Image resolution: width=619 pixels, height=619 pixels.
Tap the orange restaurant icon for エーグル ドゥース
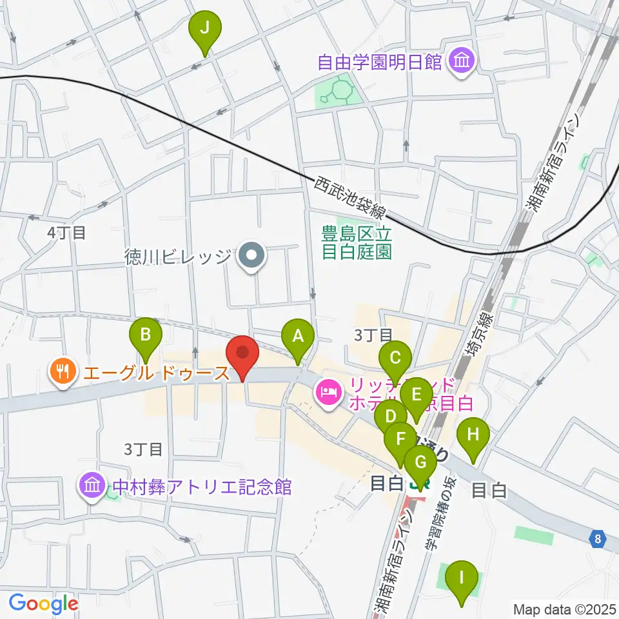63,372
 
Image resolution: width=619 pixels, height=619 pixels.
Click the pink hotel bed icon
328,393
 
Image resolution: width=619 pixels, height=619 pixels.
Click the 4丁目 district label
66,232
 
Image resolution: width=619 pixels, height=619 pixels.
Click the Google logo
43,603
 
